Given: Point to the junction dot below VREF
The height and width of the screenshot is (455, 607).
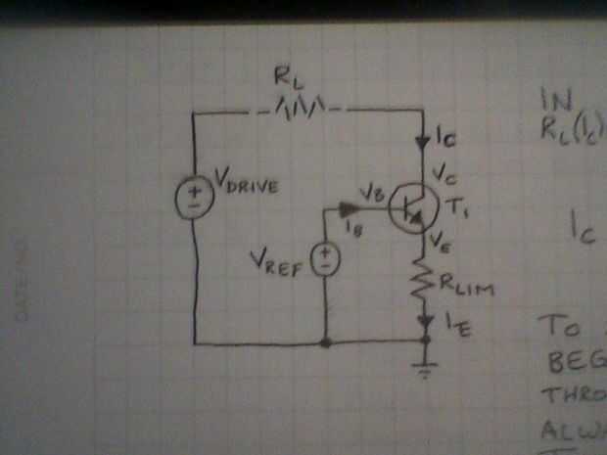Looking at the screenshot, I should pos(325,342).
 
